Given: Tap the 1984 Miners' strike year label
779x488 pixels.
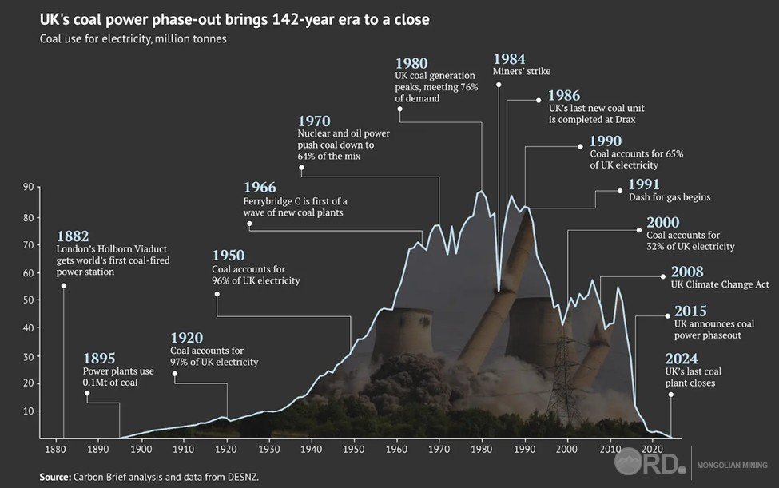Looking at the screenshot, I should pos(510,58).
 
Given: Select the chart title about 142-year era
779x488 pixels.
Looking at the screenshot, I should pos(235,18).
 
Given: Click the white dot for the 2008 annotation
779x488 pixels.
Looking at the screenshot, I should pos(663,276).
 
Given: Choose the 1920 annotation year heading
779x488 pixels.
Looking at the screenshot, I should pos(187,338).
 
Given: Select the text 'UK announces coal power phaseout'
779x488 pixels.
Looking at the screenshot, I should pos(713,330).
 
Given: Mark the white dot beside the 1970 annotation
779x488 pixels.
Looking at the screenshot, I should pos(303,168).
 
